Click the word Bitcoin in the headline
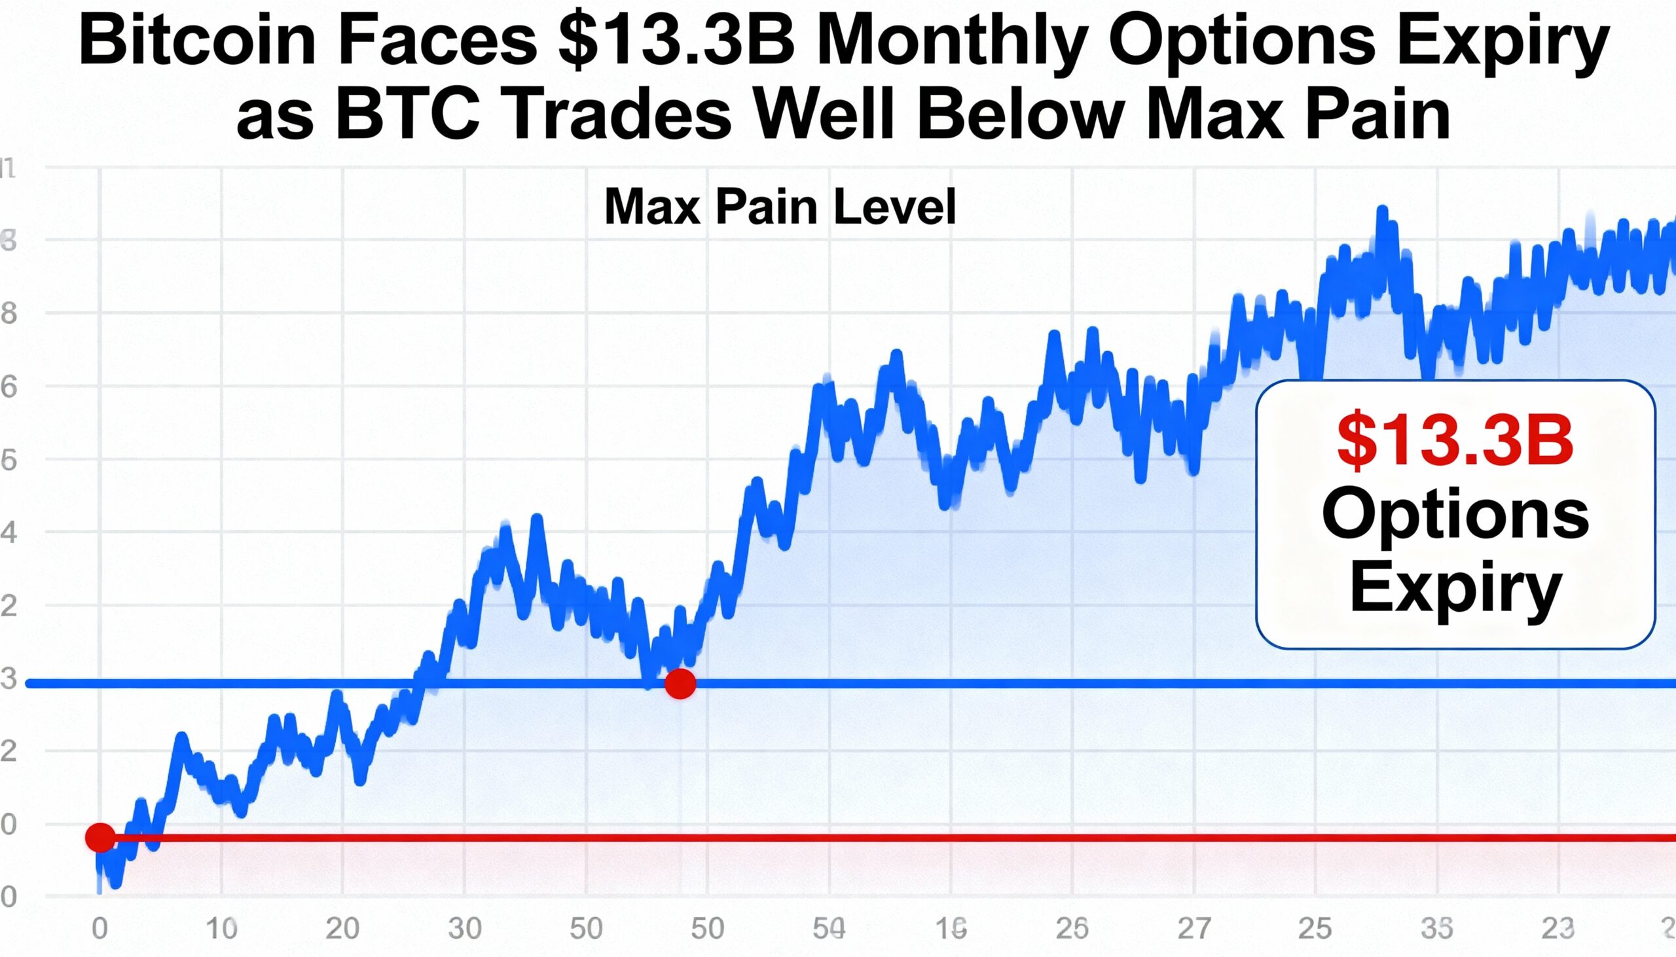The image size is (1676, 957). pos(196,41)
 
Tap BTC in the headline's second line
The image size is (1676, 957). pos(407,116)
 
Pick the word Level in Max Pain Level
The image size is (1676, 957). pos(894,207)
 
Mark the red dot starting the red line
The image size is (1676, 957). pos(100,838)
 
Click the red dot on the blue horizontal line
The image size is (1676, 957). pos(680,684)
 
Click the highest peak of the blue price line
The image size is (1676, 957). pos(1382,212)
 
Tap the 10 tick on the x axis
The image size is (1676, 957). pos(221,929)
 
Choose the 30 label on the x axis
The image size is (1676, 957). pos(464,929)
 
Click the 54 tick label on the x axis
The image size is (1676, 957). pos(829,929)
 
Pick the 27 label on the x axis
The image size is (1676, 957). pos(1194,929)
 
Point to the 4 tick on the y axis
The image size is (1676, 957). pos(9,532)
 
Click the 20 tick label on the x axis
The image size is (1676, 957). pos(342,929)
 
